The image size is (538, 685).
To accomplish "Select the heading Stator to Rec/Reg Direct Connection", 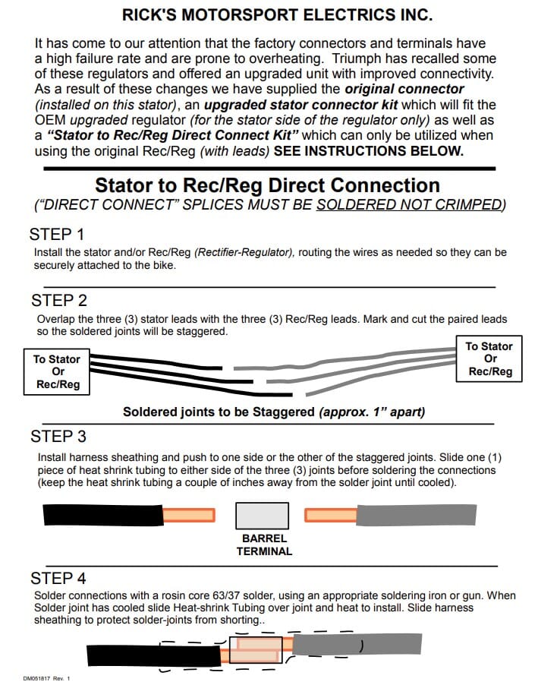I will click(x=267, y=185).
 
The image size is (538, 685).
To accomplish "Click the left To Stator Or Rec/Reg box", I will click(x=56, y=371).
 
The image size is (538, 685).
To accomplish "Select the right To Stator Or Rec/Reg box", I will click(x=489, y=358).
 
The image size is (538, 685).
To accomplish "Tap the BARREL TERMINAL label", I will click(x=264, y=545).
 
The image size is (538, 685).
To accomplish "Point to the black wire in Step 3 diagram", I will click(x=103, y=516).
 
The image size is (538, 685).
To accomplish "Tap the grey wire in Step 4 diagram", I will click(x=357, y=645).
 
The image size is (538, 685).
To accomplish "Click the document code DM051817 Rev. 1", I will click(x=46, y=677).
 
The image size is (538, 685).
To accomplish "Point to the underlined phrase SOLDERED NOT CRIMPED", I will click(x=410, y=204).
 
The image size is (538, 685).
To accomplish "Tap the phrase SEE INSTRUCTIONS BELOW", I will click(x=368, y=150).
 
